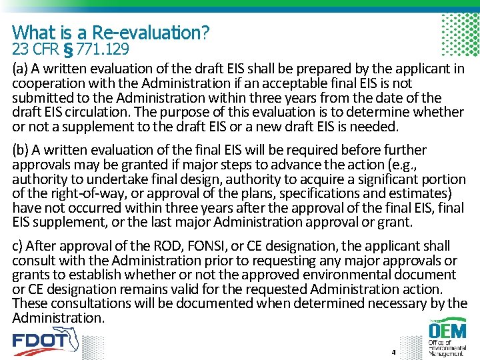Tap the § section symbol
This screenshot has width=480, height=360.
[x=68, y=49]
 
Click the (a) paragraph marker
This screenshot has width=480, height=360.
[x=21, y=69]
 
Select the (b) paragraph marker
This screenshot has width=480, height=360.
[x=21, y=150]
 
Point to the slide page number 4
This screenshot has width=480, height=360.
[x=394, y=351]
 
